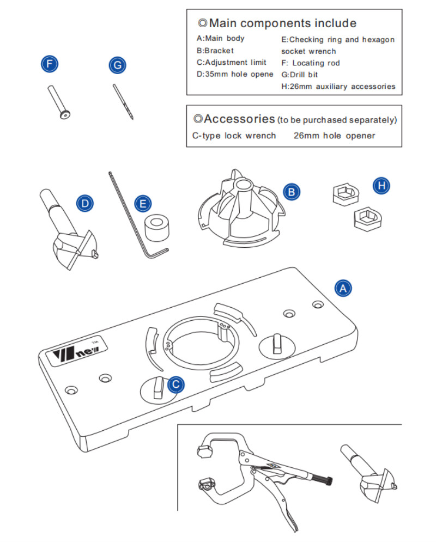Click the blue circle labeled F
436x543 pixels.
pyautogui.click(x=50, y=64)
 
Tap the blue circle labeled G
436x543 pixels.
pyautogui.click(x=117, y=65)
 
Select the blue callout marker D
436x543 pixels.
pyautogui.click(x=84, y=204)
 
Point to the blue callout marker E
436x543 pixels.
pyautogui.click(x=143, y=204)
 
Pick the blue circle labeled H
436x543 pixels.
pyautogui.click(x=381, y=186)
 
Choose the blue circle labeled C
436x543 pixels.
pyautogui.click(x=175, y=385)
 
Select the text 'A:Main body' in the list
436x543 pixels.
pyautogui.click(x=221, y=39)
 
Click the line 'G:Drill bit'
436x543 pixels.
pyautogui.click(x=299, y=75)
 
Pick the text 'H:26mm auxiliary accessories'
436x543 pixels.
pyautogui.click(x=338, y=87)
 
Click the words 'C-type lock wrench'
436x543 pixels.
pyautogui.click(x=234, y=136)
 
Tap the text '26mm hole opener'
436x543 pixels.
pyautogui.click(x=334, y=136)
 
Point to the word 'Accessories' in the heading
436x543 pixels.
pyautogui.click(x=239, y=119)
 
